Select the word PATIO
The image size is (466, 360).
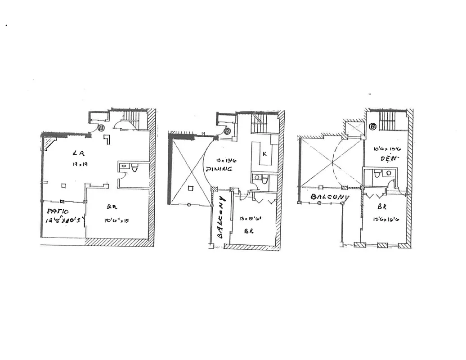point(57,211)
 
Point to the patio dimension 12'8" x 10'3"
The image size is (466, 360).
point(64,220)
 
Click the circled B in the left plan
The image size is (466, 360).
point(101,128)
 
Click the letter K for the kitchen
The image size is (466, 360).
point(264,154)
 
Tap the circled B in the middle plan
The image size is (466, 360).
point(227,131)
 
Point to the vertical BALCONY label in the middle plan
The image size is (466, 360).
point(221,216)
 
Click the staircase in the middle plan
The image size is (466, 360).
point(259,123)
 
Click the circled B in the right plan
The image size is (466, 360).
point(372,126)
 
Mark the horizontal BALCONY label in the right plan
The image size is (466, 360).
point(330,197)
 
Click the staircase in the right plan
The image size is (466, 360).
point(387,121)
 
